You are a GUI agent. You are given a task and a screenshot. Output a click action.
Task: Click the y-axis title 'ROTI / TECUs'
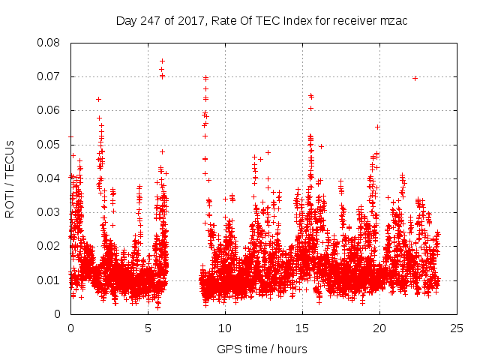[10, 178]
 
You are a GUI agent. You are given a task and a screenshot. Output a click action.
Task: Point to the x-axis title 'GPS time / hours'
[262, 349]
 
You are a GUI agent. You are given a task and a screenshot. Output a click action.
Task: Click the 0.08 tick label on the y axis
[49, 43]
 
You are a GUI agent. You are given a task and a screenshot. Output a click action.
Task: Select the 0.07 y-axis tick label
[49, 76]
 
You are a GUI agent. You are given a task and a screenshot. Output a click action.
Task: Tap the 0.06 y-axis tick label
[49, 110]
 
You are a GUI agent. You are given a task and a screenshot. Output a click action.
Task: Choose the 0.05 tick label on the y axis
[49, 145]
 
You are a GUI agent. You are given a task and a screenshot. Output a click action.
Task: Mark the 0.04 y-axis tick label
[49, 178]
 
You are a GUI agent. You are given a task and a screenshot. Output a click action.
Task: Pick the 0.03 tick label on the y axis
[49, 212]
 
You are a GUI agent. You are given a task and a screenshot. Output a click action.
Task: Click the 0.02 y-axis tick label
[49, 246]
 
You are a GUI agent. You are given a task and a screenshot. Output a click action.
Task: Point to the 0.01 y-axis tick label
[49, 280]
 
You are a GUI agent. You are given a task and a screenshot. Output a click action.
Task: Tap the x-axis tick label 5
[148, 328]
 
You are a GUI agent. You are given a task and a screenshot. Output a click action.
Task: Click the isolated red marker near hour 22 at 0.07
[415, 78]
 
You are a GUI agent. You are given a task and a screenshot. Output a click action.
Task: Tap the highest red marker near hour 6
[162, 61]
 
